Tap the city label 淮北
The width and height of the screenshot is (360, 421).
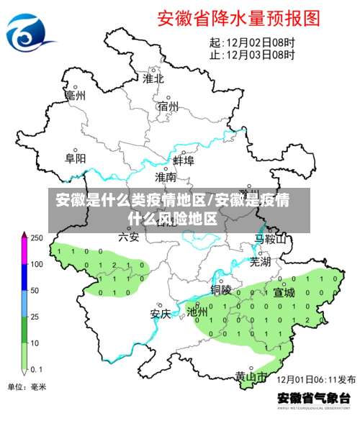(x=153, y=78)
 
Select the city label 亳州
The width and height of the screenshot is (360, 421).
(x=76, y=95)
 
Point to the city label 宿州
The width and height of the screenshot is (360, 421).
(x=168, y=107)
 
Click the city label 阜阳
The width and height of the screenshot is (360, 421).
(x=76, y=158)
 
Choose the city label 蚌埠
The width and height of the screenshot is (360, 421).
(x=184, y=160)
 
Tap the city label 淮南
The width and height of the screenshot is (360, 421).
(x=166, y=176)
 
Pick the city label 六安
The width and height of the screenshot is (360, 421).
(x=129, y=236)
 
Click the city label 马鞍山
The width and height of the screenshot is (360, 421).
(x=271, y=238)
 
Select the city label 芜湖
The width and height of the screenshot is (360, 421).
(x=260, y=262)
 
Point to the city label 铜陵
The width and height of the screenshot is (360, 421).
(x=221, y=290)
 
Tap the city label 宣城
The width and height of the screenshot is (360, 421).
(x=284, y=292)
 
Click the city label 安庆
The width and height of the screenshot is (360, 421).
(x=160, y=314)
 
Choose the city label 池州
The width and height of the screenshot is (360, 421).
(x=197, y=312)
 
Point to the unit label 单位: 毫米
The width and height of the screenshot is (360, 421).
(x=26, y=387)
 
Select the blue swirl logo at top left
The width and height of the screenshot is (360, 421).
(x=30, y=30)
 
